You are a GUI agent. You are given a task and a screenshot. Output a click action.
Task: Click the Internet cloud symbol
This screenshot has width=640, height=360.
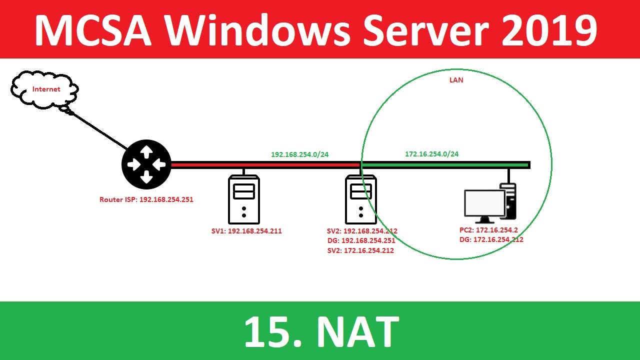45,89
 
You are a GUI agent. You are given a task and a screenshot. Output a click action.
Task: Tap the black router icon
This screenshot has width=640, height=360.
146,164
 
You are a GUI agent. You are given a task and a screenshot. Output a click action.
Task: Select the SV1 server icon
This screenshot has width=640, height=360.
243,199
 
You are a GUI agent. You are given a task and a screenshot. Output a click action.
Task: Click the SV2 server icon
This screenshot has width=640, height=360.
361,199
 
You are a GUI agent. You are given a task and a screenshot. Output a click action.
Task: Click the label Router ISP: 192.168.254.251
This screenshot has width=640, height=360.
146,199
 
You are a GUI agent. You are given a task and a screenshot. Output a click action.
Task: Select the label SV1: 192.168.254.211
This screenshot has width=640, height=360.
246,231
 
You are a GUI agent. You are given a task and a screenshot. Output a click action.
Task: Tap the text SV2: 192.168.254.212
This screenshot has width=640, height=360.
362,231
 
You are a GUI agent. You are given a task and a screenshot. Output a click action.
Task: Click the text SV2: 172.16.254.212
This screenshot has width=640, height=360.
360,250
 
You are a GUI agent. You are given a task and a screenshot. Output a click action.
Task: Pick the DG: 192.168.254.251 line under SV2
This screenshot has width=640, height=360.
361,240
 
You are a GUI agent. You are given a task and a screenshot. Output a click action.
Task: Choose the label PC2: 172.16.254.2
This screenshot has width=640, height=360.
489,230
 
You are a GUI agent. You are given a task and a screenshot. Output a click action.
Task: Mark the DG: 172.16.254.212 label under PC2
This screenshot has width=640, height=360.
491,240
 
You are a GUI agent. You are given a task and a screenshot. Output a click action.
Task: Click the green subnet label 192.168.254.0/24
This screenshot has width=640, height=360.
299,154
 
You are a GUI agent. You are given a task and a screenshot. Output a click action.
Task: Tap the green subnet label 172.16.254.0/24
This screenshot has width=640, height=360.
431,154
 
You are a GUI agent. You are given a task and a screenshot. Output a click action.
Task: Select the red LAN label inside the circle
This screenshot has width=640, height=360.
456,80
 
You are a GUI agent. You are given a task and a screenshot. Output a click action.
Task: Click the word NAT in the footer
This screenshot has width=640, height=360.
357,331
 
